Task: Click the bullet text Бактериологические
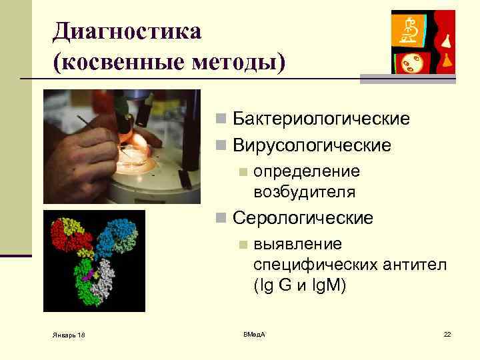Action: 321,119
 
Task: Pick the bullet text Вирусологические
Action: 312,145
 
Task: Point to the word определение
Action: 307,171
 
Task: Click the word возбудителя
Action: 304,192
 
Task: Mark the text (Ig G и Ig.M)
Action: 299,285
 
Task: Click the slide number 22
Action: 447,333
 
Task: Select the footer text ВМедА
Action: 254,333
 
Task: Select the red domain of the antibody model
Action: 65,237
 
